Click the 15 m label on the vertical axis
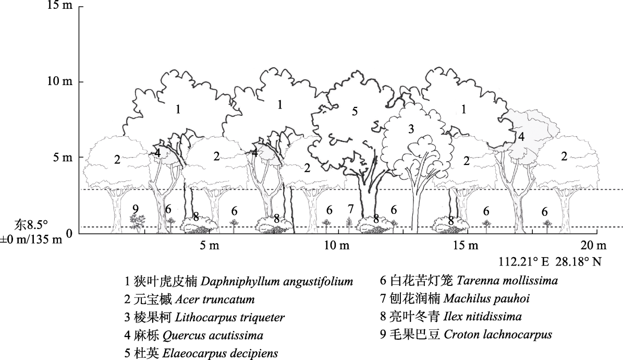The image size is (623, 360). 60,6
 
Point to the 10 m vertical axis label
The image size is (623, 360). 60,81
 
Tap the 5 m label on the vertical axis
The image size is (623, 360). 63,158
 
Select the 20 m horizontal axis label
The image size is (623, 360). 594,245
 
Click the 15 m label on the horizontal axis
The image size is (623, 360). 466,245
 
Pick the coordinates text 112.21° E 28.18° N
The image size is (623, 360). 551,262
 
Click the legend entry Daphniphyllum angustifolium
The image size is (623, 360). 239,281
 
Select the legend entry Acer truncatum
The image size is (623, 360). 190,299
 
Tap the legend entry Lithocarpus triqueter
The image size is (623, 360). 204,317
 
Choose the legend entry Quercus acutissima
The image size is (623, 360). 194,335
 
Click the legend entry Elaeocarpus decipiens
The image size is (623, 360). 201,353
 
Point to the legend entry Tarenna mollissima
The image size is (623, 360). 469,281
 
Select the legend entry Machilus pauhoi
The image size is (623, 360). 455,298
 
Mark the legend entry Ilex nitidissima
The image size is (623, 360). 451,317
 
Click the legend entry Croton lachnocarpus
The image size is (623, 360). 466,334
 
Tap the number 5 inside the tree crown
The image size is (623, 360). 355,111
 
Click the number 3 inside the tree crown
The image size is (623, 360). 411,129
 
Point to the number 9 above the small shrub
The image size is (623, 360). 136,209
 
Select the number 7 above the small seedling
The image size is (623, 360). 350,209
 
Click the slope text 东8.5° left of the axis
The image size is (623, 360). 31,225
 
